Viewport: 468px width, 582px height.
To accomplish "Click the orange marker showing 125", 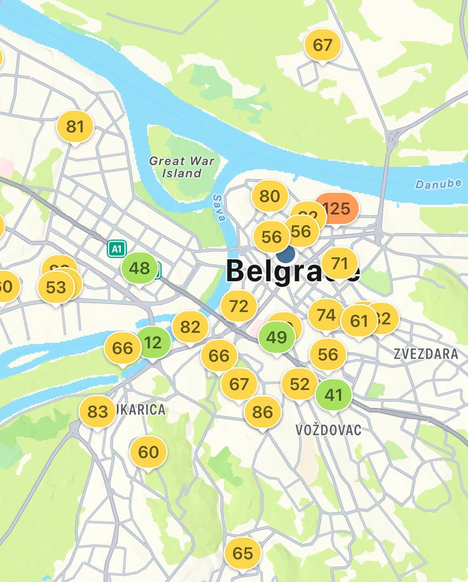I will [x=336, y=209].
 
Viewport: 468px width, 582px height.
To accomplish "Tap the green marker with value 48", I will [x=139, y=268].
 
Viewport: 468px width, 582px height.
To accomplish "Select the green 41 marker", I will [x=334, y=395].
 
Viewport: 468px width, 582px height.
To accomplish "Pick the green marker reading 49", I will [x=277, y=337].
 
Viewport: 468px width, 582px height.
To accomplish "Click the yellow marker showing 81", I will [x=75, y=127].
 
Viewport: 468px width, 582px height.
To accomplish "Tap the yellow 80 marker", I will [x=270, y=196].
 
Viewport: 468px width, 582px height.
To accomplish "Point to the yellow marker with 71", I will [x=339, y=263].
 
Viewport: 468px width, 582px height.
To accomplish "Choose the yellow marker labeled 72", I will [x=239, y=306].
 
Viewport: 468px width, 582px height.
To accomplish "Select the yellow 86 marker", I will [x=262, y=412].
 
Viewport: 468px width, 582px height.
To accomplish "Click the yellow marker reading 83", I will [x=98, y=411].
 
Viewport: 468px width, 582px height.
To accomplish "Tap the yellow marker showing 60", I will [x=148, y=452].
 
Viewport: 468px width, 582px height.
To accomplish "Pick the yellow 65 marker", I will [x=242, y=554].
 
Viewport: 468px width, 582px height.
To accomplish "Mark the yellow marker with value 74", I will [x=326, y=315].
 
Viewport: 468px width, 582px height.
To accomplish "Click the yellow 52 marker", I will [x=299, y=384].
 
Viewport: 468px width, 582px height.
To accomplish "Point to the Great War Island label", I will [x=181, y=167].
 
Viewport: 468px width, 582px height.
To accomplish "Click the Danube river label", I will [x=438, y=184].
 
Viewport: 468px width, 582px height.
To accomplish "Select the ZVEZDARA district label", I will [x=425, y=354].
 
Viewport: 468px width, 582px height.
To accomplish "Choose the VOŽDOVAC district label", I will [x=328, y=430].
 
